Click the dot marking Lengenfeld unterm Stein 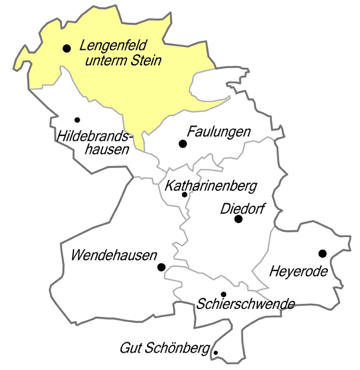point(67,48)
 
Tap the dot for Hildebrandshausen point(77,120)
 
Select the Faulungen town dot point(182,144)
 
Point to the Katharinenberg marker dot point(185,195)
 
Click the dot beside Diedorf point(238,219)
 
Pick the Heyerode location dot point(322,253)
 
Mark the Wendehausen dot point(161,267)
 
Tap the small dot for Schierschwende point(224,294)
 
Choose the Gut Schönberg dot point(216,353)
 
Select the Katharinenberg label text point(209,185)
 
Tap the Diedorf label point(243,209)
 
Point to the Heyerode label point(298,271)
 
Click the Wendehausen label point(114,254)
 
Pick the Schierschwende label point(246,304)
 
